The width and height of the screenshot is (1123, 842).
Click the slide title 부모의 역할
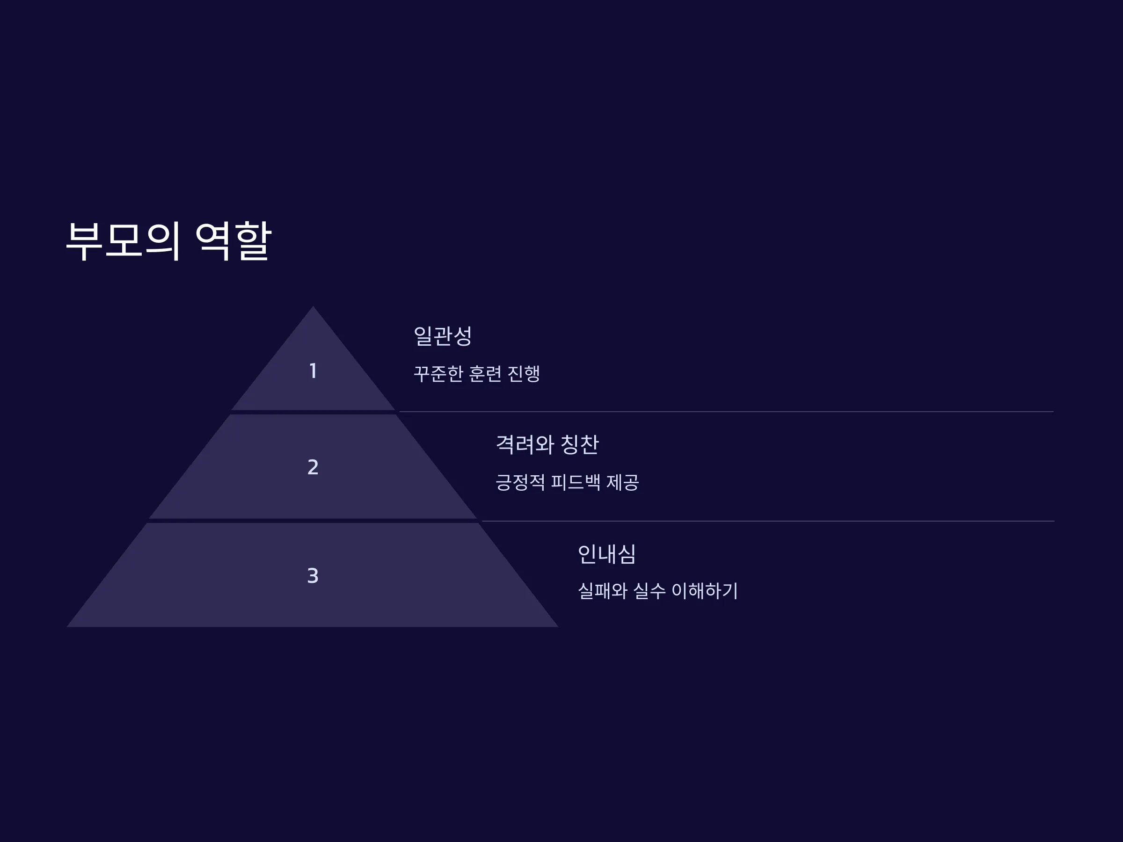168,241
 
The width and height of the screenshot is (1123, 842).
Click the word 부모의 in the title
124,241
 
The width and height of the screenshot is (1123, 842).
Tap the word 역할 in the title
233,241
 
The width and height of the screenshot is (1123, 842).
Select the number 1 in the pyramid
313,371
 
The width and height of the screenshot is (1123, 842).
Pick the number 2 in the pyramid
313,467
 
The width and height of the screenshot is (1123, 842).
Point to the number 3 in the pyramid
313,575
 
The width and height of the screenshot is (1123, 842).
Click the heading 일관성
443,336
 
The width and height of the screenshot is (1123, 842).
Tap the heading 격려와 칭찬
547,444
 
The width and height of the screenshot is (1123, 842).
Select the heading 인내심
607,554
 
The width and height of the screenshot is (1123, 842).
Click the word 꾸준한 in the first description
438,374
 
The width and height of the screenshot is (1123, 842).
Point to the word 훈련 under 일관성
485,374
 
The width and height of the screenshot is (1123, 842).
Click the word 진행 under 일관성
524,374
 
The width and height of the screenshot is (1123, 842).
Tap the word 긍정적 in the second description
520,482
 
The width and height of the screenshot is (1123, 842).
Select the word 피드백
576,482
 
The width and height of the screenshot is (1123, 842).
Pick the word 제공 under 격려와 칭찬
623,482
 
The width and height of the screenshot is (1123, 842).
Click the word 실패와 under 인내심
603,591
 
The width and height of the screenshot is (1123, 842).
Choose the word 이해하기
705,591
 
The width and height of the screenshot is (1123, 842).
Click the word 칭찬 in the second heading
580,444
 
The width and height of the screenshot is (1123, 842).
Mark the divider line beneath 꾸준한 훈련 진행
727,412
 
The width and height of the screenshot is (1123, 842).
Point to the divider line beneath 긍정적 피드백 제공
768,521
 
